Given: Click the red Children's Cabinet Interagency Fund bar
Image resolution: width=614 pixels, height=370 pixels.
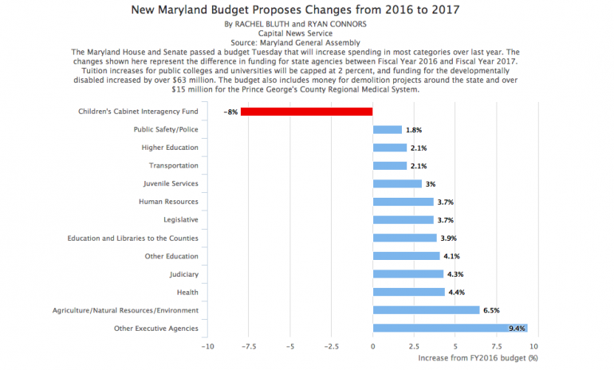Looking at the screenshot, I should click(306, 112).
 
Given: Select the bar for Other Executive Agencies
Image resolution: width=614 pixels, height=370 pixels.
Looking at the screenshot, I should click(450, 328).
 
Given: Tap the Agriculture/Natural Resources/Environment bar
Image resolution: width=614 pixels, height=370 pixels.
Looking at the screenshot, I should click(426, 309).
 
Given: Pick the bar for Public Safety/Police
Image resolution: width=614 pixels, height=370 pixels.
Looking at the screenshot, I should click(387, 129).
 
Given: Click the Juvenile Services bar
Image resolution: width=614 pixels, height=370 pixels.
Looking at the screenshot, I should click(397, 183).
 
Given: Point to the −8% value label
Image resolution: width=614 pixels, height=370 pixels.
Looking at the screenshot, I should click(230, 112).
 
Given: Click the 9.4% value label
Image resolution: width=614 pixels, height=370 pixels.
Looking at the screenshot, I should click(518, 328).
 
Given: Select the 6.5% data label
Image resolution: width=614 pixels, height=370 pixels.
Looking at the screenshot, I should click(492, 309).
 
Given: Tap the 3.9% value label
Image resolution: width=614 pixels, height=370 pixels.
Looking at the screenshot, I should click(449, 238).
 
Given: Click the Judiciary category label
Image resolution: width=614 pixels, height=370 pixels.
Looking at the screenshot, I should click(183, 274).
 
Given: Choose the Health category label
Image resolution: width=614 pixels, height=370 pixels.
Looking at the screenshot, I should click(187, 292).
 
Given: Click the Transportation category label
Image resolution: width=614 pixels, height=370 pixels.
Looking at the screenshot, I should click(173, 165).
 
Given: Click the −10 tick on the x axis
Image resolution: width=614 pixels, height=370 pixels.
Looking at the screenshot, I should click(207, 346).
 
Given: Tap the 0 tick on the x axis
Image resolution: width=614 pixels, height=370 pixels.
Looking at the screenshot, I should click(372, 346).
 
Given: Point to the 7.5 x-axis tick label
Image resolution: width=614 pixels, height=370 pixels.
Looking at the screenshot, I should click(496, 346).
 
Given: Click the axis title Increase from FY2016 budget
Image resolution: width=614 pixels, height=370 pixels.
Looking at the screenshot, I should click(478, 358).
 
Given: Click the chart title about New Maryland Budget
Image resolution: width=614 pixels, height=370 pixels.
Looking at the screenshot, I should click(306, 10).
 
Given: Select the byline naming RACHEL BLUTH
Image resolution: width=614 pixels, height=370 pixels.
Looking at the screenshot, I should click(306, 25).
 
